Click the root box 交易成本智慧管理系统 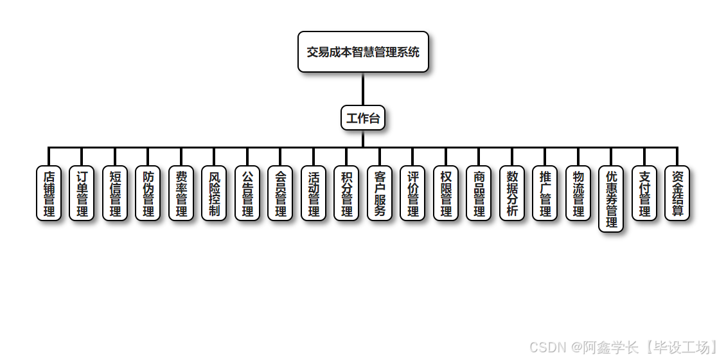pyautogui.click(x=363, y=52)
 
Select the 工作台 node pyautogui.click(x=363, y=118)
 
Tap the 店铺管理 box pyautogui.click(x=49, y=194)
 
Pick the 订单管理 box pyautogui.click(x=82, y=194)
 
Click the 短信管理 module pyautogui.click(x=115, y=194)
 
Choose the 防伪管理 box pyautogui.click(x=148, y=194)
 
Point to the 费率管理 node pyautogui.click(x=181, y=194)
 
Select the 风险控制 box pyautogui.click(x=215, y=194)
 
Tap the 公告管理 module pyautogui.click(x=247, y=194)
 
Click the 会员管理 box pyautogui.click(x=281, y=194)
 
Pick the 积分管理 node pyautogui.click(x=347, y=194)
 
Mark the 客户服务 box pyautogui.click(x=380, y=194)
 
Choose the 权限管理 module pyautogui.click(x=446, y=194)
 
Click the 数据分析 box pyautogui.click(x=512, y=194)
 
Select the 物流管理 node pyautogui.click(x=578, y=194)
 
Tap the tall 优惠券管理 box pyautogui.click(x=611, y=199)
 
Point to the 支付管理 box pyautogui.click(x=644, y=194)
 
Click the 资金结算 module pyautogui.click(x=677, y=194)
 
